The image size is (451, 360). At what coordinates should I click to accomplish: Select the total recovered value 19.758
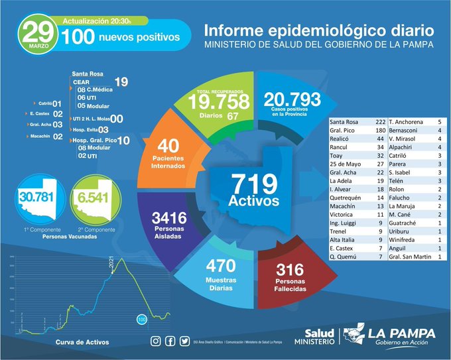[218, 101]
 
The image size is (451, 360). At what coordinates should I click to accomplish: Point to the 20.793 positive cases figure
[292, 99]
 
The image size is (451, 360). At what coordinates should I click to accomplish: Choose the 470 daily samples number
[220, 266]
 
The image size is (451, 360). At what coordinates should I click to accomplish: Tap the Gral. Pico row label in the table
[345, 131]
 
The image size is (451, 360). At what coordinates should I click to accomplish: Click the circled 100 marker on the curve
[141, 320]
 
